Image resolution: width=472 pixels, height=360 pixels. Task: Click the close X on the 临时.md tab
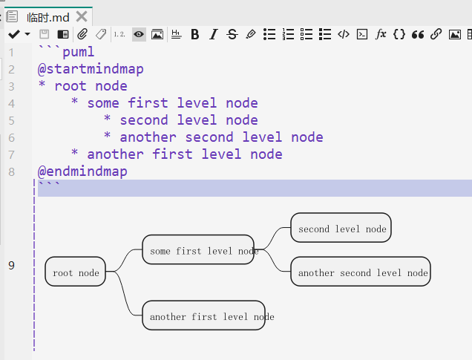pos(82,16)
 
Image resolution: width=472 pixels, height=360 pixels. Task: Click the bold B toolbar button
pos(195,34)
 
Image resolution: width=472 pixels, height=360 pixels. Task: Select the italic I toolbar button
pos(213,34)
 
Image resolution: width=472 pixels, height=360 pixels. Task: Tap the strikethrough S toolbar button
pos(232,34)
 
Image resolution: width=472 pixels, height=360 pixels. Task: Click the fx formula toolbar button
pos(381,34)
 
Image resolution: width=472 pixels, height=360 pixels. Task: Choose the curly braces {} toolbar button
pos(399,34)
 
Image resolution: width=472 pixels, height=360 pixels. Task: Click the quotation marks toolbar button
pos(418,34)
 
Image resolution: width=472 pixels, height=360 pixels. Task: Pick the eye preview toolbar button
pos(139,34)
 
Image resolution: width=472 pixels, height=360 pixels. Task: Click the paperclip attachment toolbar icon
pos(82,34)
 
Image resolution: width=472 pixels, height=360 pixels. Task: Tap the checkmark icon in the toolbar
pos(13,34)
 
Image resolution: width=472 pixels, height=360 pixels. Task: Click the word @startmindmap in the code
pos(91,69)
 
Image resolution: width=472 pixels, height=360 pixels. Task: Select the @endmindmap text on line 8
pos(82,171)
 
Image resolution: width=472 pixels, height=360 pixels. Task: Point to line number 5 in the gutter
pos(11,120)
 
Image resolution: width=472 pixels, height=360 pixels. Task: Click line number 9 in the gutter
pos(11,265)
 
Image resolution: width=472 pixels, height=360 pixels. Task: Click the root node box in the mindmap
pos(76,272)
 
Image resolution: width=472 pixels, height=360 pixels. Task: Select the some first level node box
pos(198,251)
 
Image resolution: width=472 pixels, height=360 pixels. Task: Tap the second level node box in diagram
pos(341,229)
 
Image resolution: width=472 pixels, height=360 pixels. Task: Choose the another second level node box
pos(361,272)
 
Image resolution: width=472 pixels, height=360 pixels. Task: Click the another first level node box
pos(203,316)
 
